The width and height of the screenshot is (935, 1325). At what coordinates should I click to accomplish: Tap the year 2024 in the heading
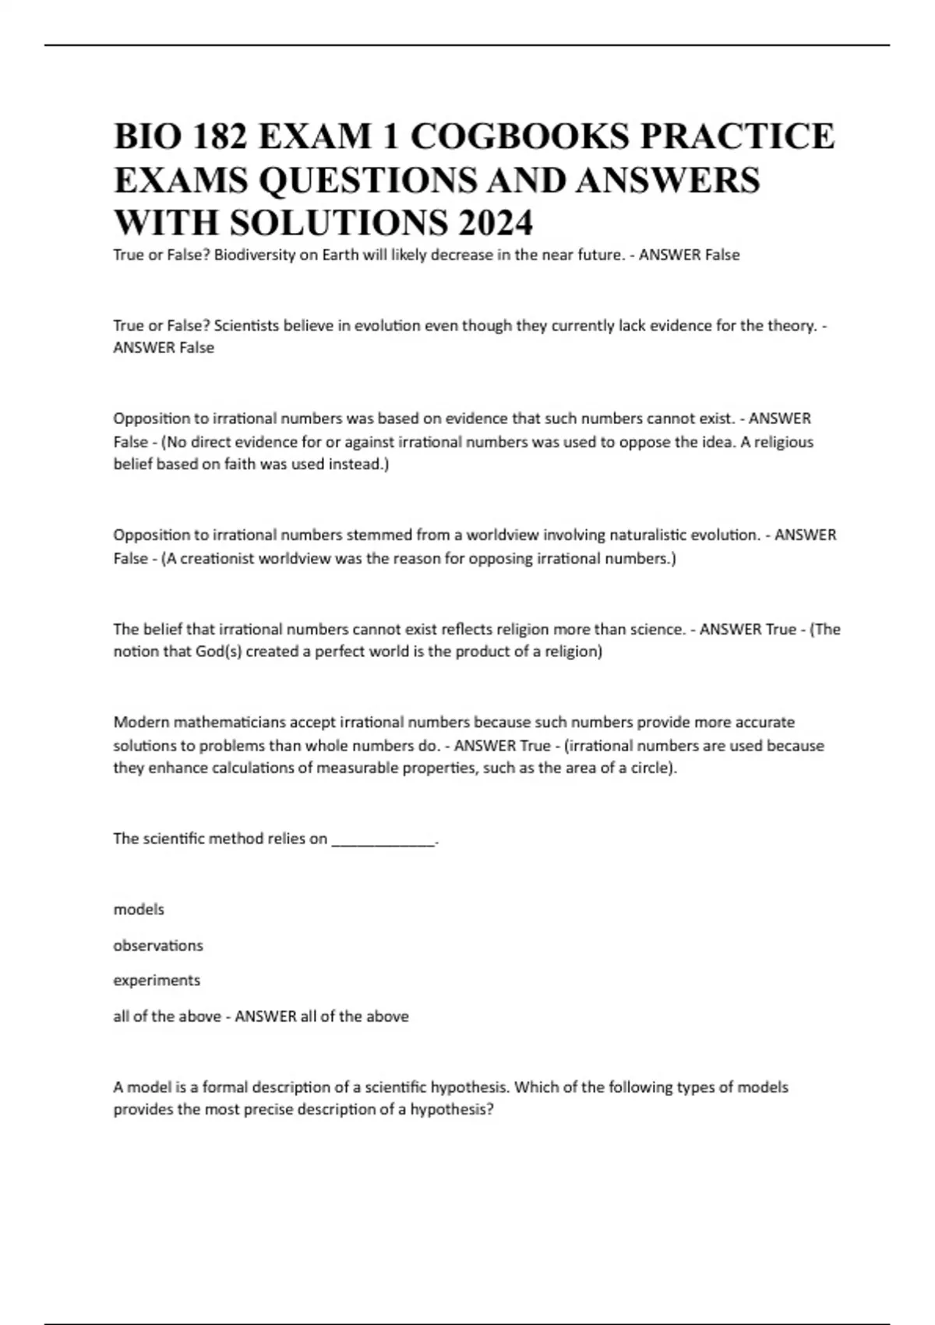pyautogui.click(x=496, y=223)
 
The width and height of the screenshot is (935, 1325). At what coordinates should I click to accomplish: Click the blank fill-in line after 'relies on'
pyautogui.click(x=383, y=839)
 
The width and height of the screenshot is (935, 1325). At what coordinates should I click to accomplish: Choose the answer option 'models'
pyautogui.click(x=139, y=910)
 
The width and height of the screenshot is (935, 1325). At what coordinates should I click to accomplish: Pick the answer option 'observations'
pyautogui.click(x=158, y=945)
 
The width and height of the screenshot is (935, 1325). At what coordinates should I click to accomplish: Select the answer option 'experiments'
pyautogui.click(x=157, y=980)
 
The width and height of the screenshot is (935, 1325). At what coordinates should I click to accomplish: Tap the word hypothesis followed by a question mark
pyautogui.click(x=452, y=1110)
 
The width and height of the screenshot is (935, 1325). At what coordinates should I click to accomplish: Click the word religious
pyautogui.click(x=778, y=442)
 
